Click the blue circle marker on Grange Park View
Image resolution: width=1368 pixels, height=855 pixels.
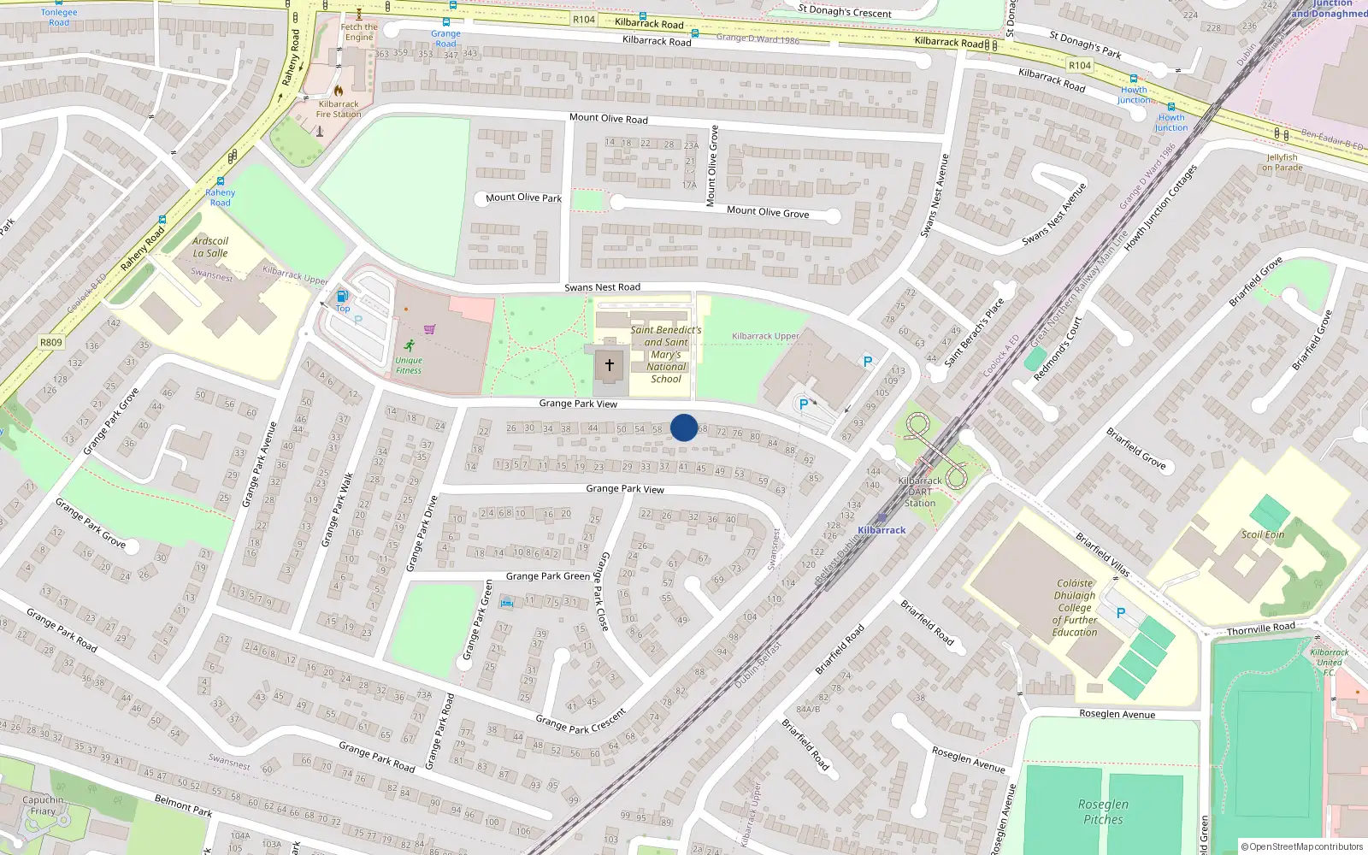684,427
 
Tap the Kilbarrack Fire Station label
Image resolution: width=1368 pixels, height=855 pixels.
339,109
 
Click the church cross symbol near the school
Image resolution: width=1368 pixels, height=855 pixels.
610,365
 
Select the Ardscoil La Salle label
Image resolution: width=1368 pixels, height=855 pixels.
210,247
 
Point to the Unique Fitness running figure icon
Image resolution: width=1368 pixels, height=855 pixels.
410,345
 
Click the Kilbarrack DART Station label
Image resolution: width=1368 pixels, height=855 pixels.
920,492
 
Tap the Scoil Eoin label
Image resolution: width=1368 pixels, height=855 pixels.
1263,534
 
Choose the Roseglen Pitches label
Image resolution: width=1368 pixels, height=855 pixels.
1103,811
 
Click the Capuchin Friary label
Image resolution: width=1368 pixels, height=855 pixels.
43,805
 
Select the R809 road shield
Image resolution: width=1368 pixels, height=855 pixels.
51,342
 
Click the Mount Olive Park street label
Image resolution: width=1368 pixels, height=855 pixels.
523,198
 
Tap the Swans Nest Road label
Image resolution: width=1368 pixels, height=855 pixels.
602,287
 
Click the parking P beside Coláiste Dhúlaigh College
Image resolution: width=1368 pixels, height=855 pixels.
1121,613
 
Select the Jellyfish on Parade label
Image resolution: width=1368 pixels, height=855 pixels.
1282,162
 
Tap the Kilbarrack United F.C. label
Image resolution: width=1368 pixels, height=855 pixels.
1330,662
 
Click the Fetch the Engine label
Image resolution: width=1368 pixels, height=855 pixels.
359,32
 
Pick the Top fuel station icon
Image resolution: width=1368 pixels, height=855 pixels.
342,296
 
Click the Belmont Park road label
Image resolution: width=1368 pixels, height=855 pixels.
183,805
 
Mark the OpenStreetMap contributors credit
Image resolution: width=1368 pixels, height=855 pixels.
1302,846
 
